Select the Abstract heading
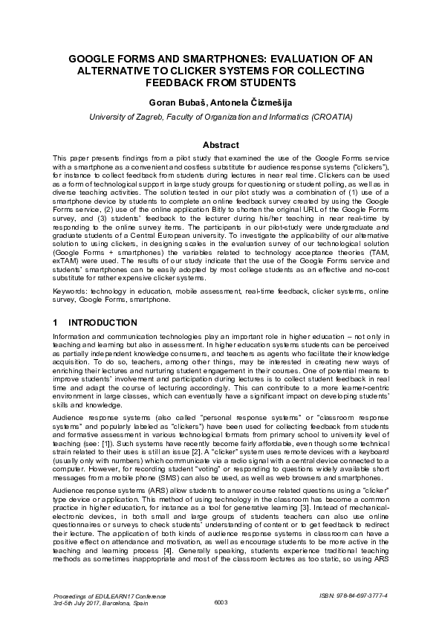tap(221, 145)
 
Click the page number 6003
tap(221, 601)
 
